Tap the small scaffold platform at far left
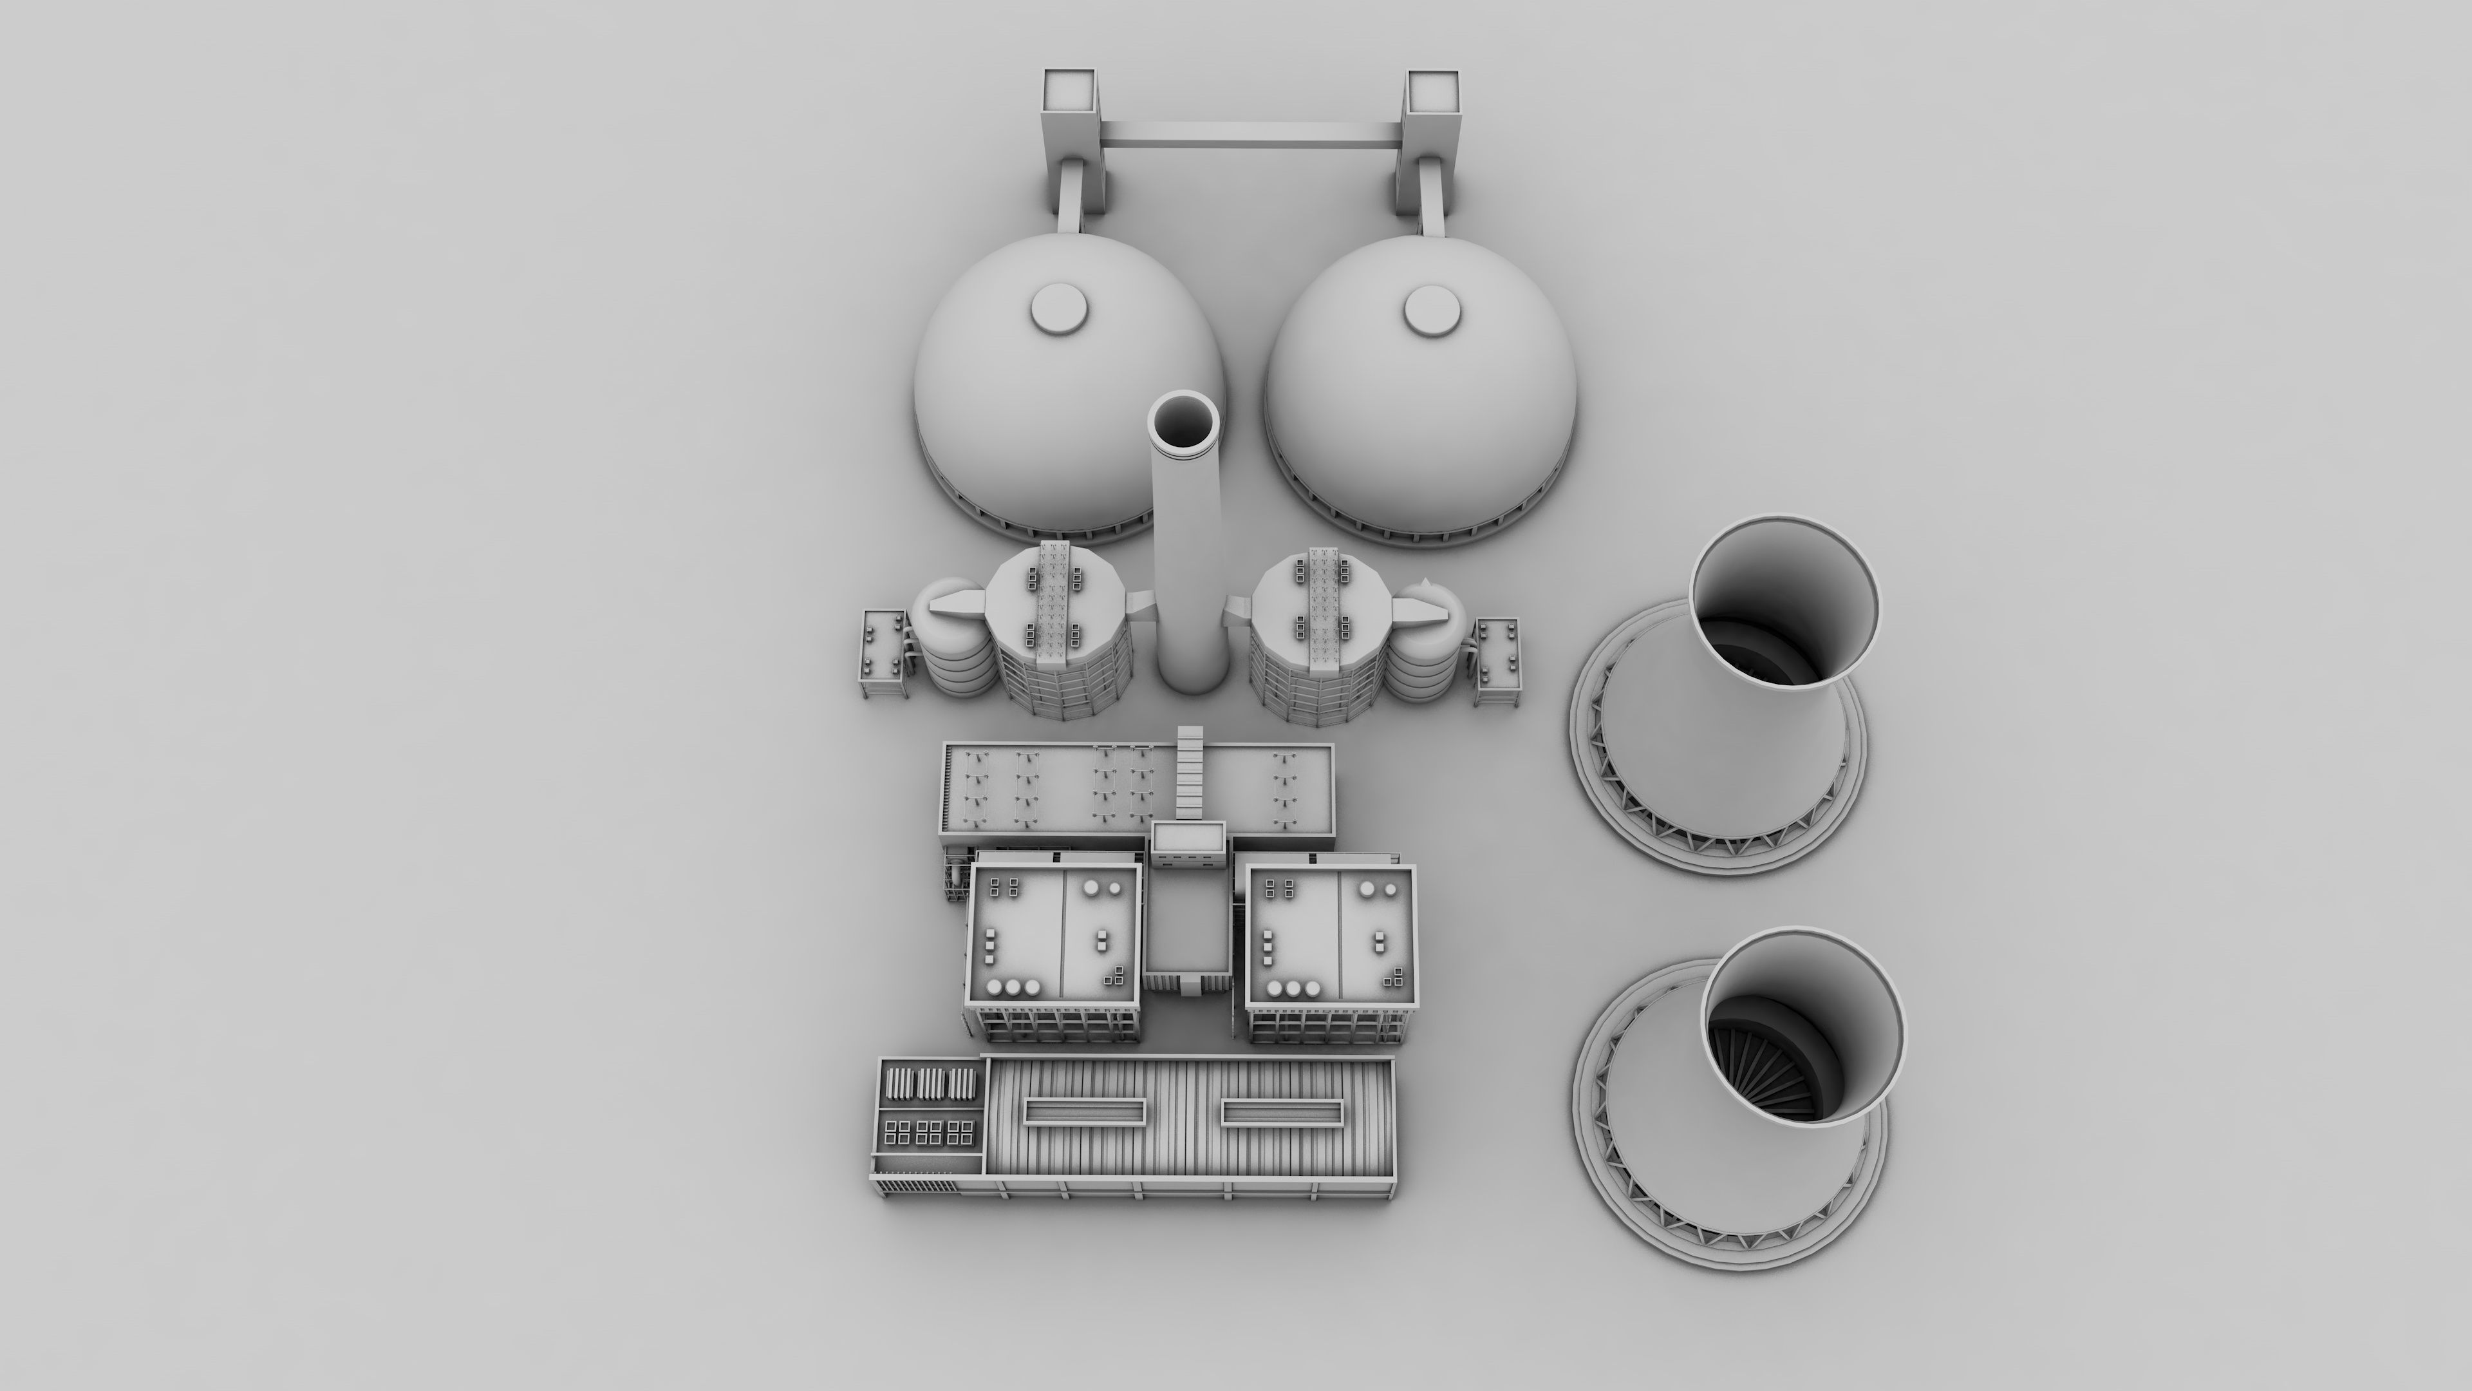[210, 654]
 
